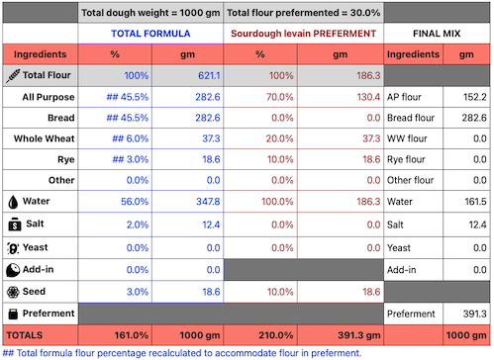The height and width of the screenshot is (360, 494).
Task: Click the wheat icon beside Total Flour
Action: (12, 75)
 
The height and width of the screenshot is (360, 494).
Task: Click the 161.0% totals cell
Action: (130, 335)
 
